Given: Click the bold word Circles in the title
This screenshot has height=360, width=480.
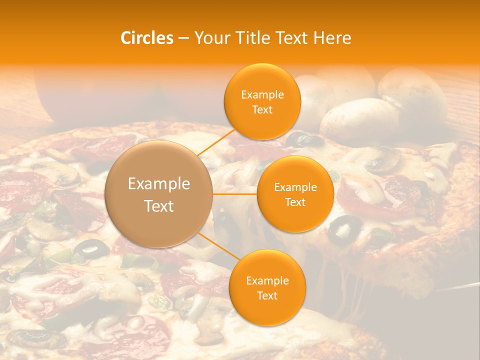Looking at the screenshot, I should click(147, 38).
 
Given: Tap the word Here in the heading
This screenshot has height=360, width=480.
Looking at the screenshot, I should click(332, 38).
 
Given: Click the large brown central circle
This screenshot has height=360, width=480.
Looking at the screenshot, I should click(159, 194).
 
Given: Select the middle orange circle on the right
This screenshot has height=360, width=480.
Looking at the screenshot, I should click(295, 194).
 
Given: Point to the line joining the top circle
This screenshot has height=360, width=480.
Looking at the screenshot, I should click(216, 142).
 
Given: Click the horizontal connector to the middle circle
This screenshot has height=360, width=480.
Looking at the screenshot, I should click(235, 194).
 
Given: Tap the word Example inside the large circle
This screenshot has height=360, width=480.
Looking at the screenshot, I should click(159, 184).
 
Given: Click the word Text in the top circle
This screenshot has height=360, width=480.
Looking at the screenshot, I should click(262, 110).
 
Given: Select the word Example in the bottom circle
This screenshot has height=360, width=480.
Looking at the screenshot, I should click(267, 280).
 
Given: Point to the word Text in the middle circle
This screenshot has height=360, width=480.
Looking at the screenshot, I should click(295, 202).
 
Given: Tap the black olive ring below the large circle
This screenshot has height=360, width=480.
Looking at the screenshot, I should click(92, 247).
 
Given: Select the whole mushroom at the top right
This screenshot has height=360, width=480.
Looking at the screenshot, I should click(412, 95).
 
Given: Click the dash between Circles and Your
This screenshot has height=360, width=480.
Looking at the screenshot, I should click(183, 38).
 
